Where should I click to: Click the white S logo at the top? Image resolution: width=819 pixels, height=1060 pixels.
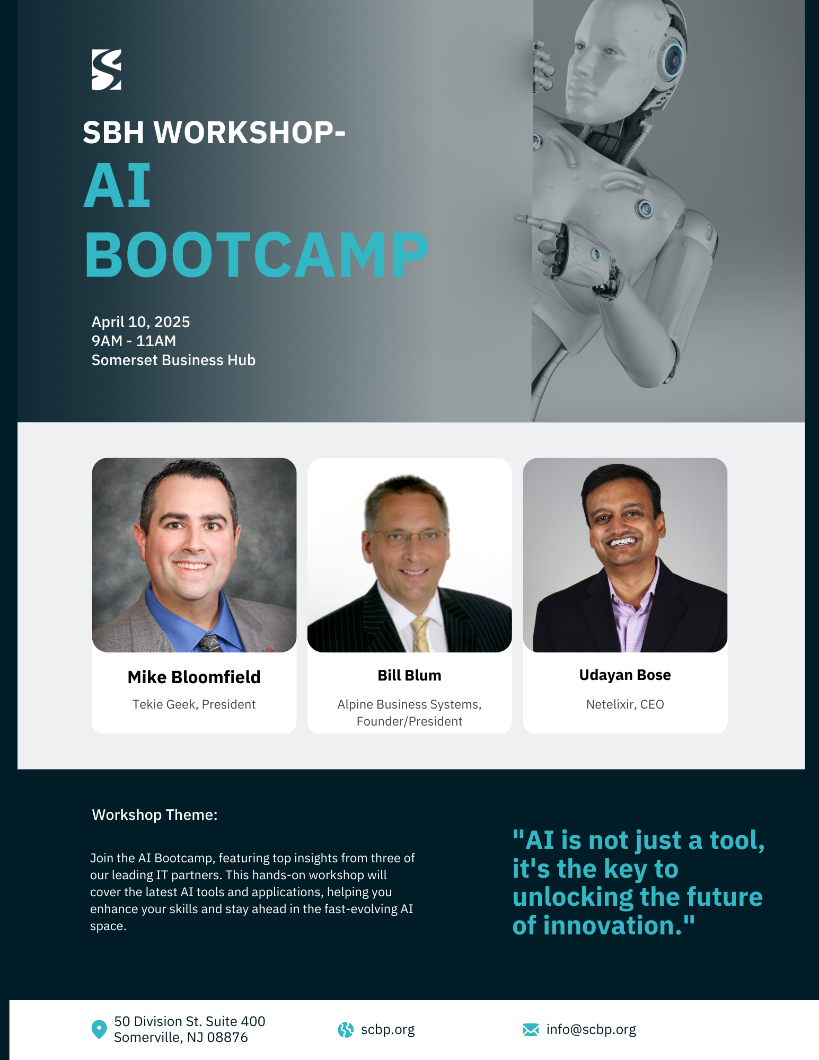coord(106,69)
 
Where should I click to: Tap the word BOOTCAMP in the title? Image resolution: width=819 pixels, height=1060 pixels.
coord(256,254)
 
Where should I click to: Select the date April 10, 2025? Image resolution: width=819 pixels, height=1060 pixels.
coord(140,322)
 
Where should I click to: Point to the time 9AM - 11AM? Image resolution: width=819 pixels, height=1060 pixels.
coord(134,341)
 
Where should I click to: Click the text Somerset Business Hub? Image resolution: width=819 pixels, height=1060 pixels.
coord(173,360)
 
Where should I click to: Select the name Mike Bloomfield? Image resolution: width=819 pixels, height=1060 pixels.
coord(194,677)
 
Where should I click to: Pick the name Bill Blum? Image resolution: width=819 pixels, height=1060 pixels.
coord(409,675)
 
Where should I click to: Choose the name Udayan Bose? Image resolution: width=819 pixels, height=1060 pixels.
coord(625,675)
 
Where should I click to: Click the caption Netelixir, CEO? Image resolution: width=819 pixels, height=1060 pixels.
coord(625,704)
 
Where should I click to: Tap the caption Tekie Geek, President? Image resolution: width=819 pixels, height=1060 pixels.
coord(194,704)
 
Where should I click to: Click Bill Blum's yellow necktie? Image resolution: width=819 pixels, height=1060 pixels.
coord(421,634)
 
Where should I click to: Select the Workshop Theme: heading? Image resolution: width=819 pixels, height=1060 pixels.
coord(155,815)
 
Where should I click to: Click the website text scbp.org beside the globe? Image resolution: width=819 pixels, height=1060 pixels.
coord(388,1029)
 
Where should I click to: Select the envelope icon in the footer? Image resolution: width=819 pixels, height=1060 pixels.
coord(531,1029)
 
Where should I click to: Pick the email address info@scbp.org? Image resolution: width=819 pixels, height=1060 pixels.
coord(591,1029)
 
